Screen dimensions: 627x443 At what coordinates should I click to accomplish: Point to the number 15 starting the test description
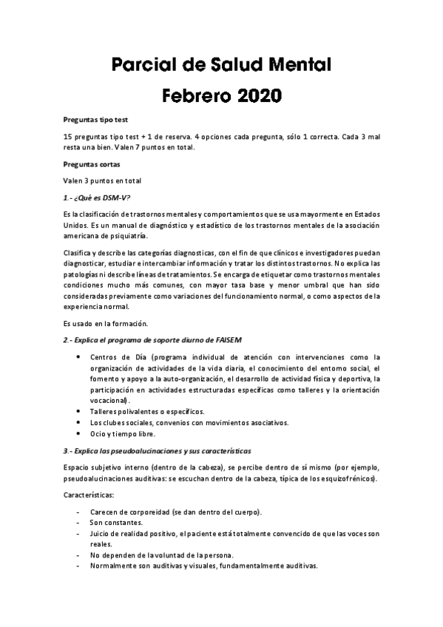pos(68,137)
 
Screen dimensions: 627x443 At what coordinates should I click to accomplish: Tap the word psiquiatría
pos(129,236)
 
